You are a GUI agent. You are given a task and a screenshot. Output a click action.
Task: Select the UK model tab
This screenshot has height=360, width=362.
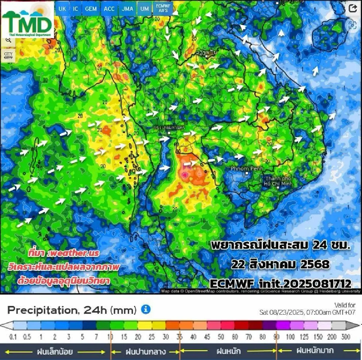pyautogui.click(x=62, y=9)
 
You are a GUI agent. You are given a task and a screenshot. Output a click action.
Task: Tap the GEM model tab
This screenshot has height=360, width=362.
pyautogui.click(x=91, y=9)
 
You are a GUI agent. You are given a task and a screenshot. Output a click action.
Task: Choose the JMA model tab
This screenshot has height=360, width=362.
pyautogui.click(x=127, y=9)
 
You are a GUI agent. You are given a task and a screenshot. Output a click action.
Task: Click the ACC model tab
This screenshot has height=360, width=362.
pyautogui.click(x=109, y=9)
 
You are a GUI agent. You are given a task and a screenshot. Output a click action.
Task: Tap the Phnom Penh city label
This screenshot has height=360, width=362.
pyautogui.click(x=247, y=169)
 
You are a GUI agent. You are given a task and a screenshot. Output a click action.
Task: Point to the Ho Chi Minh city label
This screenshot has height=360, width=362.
pyautogui.click(x=278, y=181)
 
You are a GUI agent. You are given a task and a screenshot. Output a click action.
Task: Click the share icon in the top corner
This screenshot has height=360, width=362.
pyautogui.click(x=353, y=8)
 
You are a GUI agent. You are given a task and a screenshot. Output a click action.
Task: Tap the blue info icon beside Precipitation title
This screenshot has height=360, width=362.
pyautogui.click(x=146, y=309)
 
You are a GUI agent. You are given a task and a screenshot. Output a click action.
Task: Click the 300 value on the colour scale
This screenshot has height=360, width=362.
pyautogui.click(x=346, y=336)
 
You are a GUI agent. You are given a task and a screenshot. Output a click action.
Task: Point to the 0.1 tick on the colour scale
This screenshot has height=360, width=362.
pyautogui.click(x=13, y=336)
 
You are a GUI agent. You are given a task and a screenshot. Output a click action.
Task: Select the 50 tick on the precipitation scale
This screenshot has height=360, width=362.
pyautogui.click(x=221, y=336)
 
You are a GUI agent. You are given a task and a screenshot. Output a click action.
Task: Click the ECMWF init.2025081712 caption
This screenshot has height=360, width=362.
pyautogui.click(x=281, y=284)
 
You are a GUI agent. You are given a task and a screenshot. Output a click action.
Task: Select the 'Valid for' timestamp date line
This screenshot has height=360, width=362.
pyautogui.click(x=307, y=312)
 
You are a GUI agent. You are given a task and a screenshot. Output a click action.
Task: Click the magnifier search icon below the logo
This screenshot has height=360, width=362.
pyautogui.click(x=8, y=40)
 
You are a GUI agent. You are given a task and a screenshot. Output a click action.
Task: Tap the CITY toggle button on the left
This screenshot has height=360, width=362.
pyautogui.click(x=8, y=56)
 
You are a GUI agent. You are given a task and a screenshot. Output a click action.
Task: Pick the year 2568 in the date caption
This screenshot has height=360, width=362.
pyautogui.click(x=315, y=264)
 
